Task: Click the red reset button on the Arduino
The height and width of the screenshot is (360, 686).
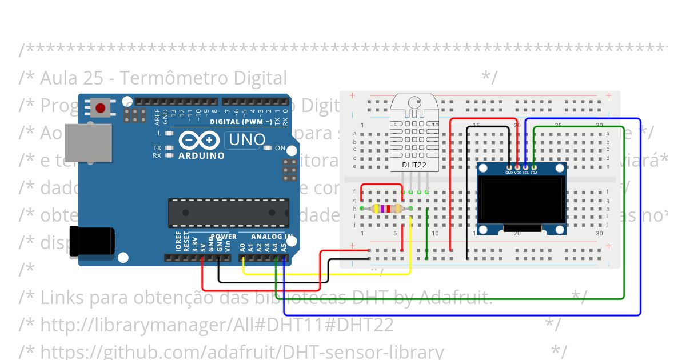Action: click(x=101, y=108)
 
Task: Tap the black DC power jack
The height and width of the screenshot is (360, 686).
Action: click(x=91, y=243)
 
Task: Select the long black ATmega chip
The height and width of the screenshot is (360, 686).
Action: click(x=228, y=213)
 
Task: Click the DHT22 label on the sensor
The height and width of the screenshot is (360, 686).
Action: click(x=414, y=165)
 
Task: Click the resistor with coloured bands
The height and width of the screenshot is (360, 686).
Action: click(x=386, y=209)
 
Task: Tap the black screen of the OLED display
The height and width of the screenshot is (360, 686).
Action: click(x=521, y=201)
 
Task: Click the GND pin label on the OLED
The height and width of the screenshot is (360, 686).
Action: click(x=509, y=173)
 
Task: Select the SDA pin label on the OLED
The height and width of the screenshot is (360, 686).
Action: click(x=534, y=173)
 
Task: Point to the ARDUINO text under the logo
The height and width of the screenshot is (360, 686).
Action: click(x=201, y=155)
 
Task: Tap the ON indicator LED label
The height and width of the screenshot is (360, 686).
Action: click(x=280, y=148)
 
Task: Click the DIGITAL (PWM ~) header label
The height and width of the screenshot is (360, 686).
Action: click(x=241, y=122)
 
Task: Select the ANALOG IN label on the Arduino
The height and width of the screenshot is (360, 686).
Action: click(x=272, y=236)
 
